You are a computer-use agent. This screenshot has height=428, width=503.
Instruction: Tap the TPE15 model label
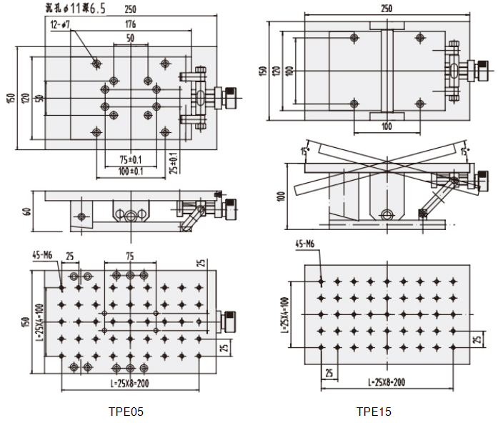click(x=374, y=412)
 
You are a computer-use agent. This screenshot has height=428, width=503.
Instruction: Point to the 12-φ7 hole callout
click(x=61, y=24)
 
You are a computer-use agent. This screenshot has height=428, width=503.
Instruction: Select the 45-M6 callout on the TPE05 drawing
click(x=44, y=254)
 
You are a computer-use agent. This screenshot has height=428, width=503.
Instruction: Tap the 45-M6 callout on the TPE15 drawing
click(x=306, y=244)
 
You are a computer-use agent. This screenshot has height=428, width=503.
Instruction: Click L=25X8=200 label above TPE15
click(x=387, y=382)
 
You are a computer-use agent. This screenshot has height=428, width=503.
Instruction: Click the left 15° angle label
click(x=304, y=151)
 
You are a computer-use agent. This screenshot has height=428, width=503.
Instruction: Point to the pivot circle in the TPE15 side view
click(x=387, y=214)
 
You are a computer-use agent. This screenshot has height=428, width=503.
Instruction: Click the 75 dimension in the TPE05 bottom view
click(x=129, y=255)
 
